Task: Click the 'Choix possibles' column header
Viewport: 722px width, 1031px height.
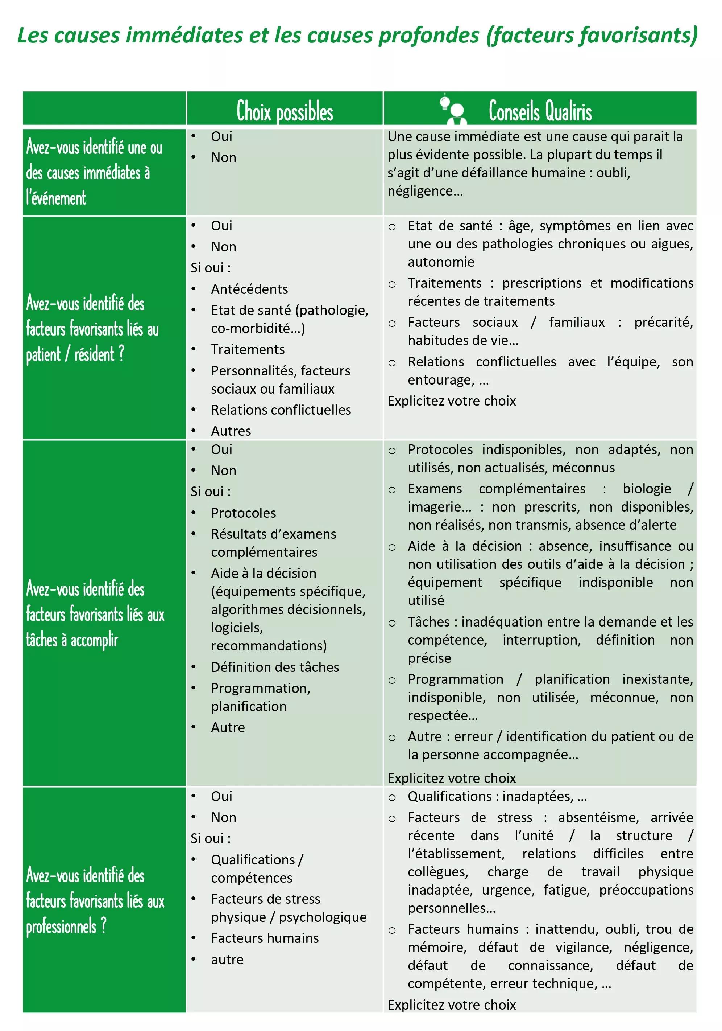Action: (285, 111)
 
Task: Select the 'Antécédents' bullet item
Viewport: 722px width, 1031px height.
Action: (249, 289)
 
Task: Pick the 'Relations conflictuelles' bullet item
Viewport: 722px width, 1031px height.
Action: (281, 410)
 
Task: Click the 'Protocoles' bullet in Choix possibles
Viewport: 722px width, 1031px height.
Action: (243, 512)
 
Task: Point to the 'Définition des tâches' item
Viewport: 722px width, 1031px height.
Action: (275, 667)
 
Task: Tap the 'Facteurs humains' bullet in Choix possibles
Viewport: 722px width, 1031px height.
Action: (265, 938)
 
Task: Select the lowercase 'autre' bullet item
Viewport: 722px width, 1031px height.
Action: (227, 959)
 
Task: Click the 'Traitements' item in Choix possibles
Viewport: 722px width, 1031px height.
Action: (248, 349)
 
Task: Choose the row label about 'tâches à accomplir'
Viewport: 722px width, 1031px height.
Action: (95, 614)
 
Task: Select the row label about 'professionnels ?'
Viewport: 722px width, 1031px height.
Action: (95, 901)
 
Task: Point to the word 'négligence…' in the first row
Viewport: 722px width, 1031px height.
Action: (425, 191)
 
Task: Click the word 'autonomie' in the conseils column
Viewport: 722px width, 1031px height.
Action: (441, 262)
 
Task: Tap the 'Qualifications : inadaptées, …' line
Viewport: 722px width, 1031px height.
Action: (497, 796)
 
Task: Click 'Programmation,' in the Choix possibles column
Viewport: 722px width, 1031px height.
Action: (260, 688)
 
